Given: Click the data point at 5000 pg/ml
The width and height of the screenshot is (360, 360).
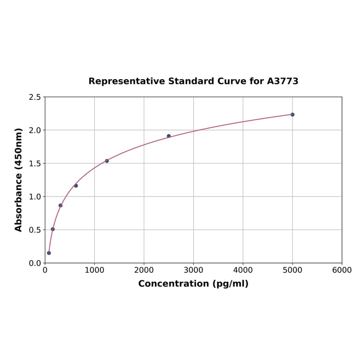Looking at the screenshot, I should (x=292, y=115).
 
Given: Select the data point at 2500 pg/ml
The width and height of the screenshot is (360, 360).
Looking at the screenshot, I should (x=169, y=136).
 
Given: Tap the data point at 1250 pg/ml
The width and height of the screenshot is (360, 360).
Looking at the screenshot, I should (x=107, y=161).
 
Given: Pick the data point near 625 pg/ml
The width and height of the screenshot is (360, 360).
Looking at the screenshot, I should (x=76, y=186).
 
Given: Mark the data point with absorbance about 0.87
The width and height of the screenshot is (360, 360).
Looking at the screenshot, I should (x=60, y=205).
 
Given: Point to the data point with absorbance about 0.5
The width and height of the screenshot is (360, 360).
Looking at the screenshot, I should (x=53, y=229).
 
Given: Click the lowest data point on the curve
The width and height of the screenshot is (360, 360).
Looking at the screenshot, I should (x=49, y=253).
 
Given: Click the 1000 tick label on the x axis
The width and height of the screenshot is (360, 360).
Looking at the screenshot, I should (x=94, y=270).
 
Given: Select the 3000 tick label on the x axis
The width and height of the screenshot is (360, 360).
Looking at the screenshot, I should (x=193, y=270).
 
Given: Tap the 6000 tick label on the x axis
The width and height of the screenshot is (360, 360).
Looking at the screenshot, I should (x=342, y=270).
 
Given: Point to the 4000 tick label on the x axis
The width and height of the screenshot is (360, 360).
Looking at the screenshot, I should (x=243, y=270).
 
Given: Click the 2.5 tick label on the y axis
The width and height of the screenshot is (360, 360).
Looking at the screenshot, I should (x=35, y=97).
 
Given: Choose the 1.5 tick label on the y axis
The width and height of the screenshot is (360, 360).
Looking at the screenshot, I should (x=35, y=164).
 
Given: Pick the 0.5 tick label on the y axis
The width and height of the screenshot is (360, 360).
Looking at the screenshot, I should (x=35, y=230).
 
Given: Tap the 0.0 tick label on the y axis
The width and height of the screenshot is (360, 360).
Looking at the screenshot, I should (x=35, y=263).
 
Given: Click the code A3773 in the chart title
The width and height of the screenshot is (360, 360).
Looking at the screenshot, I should (x=282, y=81).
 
